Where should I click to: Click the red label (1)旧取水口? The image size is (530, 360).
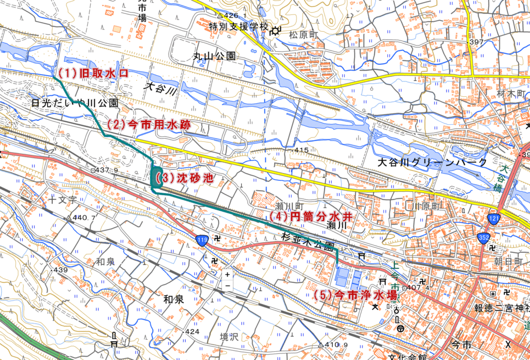pyautogui.click(x=92, y=73)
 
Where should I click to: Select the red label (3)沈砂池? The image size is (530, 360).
pyautogui.click(x=184, y=179)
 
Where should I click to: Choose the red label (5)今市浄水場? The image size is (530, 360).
pyautogui.click(x=356, y=295)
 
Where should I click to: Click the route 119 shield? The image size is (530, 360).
pyautogui.click(x=202, y=239)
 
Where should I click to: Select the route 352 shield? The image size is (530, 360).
pyautogui.click(x=484, y=237)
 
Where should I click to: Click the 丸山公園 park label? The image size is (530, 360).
pyautogui.click(x=214, y=55)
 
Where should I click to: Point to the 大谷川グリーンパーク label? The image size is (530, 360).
pyautogui.click(x=433, y=163)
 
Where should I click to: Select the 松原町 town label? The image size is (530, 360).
pyautogui.click(x=305, y=35)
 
